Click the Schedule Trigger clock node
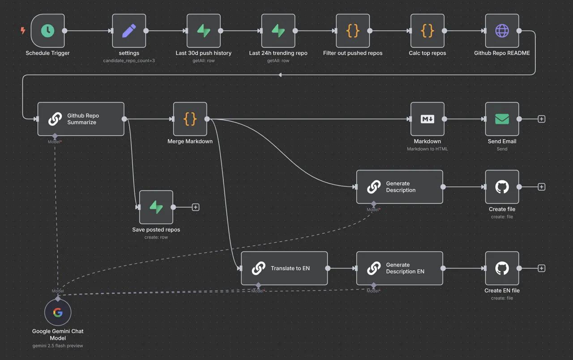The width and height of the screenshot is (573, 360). click(47, 31)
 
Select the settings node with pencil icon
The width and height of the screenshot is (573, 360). click(129, 31)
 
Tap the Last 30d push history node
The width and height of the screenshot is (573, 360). click(204, 31)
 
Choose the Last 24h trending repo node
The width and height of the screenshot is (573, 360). click(278, 31)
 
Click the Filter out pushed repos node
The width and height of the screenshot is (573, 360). click(353, 31)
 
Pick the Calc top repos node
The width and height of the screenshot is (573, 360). click(428, 31)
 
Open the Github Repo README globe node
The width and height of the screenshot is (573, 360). click(502, 31)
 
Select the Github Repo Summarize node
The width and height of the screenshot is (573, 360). click(81, 119)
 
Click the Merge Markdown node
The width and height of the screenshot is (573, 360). click(190, 119)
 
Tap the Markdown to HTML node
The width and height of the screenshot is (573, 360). click(428, 119)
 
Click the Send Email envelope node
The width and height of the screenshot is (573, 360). click(502, 119)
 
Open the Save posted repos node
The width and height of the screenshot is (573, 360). click(156, 207)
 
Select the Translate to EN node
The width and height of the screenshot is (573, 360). click(284, 268)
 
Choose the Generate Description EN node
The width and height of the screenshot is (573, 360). click(399, 268)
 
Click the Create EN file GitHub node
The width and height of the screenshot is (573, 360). click(502, 268)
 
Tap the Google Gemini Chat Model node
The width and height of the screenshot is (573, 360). click(58, 313)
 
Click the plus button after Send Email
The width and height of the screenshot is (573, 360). click(542, 119)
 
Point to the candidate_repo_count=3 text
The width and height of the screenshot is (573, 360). click(129, 60)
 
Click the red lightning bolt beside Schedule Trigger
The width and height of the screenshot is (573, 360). click(23, 31)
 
